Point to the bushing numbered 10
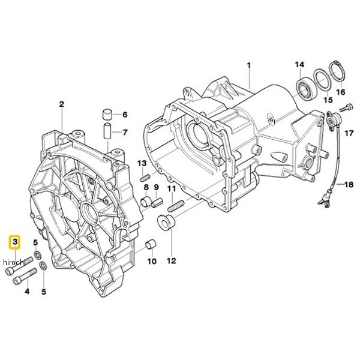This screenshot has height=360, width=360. (x=151, y=245)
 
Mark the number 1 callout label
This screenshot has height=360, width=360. (x=250, y=64)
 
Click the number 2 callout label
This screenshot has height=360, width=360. (x=61, y=105)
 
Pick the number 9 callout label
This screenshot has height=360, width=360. (x=157, y=188)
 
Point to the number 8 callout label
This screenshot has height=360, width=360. (x=146, y=188)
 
